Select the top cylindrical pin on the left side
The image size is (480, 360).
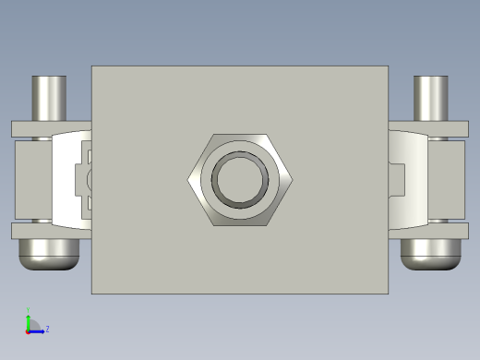pyautogui.click(x=50, y=97)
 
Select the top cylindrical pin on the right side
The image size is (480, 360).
pyautogui.click(x=430, y=97)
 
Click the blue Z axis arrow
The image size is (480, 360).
pyautogui.click(x=38, y=330)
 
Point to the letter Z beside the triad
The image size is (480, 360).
pyautogui.click(x=47, y=329)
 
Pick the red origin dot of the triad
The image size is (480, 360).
pyautogui.click(x=28, y=330)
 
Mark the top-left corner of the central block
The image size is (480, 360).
pyautogui.click(x=92, y=67)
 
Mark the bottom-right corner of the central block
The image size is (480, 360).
pyautogui.click(x=387, y=293)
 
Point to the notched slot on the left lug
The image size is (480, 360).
pyautogui.click(x=83, y=178)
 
